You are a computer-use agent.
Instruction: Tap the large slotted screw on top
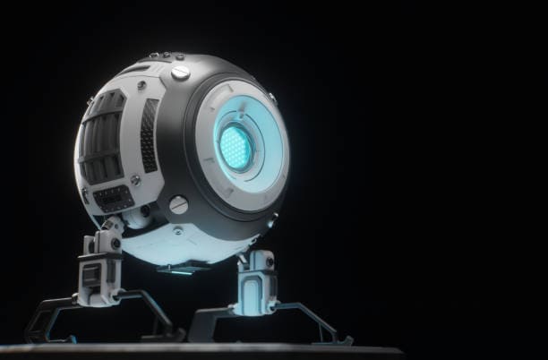[180, 73]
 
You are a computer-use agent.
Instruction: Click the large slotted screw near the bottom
[179, 204]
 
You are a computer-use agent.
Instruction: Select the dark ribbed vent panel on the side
[104, 143]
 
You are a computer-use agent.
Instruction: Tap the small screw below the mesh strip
[136, 181]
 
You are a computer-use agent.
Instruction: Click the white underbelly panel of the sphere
[179, 242]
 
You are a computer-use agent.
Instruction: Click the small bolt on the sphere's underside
[178, 231]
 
